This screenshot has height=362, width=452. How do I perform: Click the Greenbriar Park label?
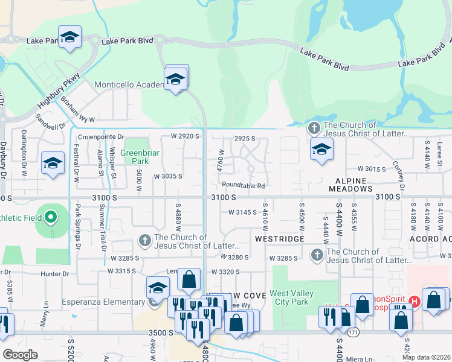pos(140,157)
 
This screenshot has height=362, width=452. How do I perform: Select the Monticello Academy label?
pos(129,85)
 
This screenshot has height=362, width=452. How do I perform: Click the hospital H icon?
pos(415,300)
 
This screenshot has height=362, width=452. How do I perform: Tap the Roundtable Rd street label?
pos(244,186)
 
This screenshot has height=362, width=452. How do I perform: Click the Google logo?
pos(20,355)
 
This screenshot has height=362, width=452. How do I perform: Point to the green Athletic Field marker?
pos(51,217)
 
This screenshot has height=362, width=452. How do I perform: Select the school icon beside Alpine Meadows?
pos(321,149)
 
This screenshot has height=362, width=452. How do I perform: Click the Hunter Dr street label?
pos(55,273)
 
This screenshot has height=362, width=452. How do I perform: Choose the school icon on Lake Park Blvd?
pos(69,37)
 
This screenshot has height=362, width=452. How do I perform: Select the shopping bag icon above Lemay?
pos(189,279)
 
